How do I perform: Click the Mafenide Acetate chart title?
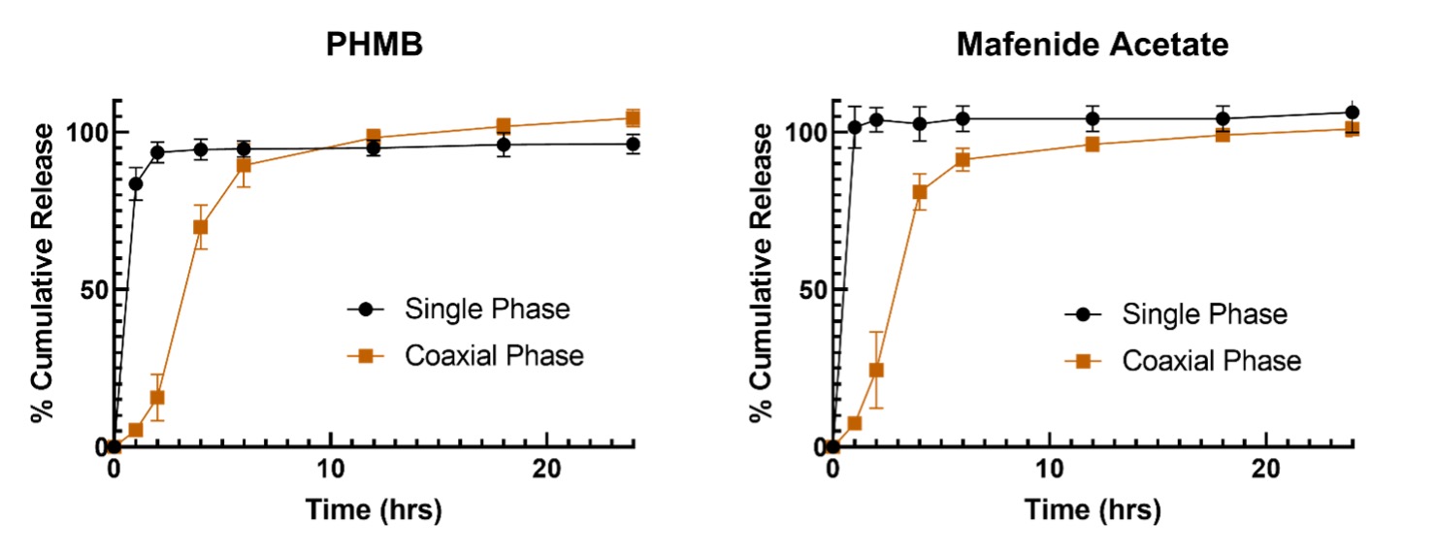[x=1092, y=45]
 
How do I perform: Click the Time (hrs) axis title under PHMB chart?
[x=375, y=509]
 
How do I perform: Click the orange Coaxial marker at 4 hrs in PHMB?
[x=201, y=227]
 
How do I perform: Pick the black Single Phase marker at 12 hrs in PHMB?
[x=374, y=148]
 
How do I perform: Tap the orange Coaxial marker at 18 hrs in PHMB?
[x=504, y=126]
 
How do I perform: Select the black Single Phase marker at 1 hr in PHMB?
[x=136, y=183]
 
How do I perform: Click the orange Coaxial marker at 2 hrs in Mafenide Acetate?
[x=876, y=370]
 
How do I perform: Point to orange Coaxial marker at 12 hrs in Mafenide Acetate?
[x=1093, y=145]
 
